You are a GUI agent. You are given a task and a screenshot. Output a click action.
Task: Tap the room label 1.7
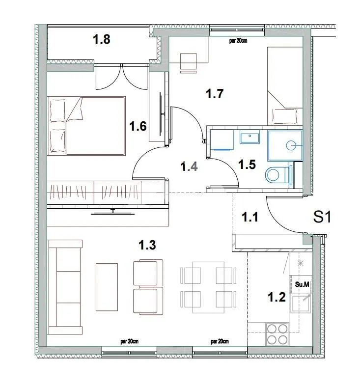(215, 94)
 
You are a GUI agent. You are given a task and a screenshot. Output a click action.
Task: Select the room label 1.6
(138, 127)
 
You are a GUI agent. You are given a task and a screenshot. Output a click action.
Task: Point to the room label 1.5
(247, 165)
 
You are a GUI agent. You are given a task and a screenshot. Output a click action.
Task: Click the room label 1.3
(147, 245)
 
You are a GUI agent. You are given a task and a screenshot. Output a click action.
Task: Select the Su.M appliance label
(301, 284)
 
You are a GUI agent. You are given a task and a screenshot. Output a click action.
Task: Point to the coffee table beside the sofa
(107, 287)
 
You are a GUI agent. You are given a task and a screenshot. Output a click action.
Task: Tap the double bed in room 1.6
(86, 126)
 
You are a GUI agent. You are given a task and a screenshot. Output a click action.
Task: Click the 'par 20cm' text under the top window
(238, 41)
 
